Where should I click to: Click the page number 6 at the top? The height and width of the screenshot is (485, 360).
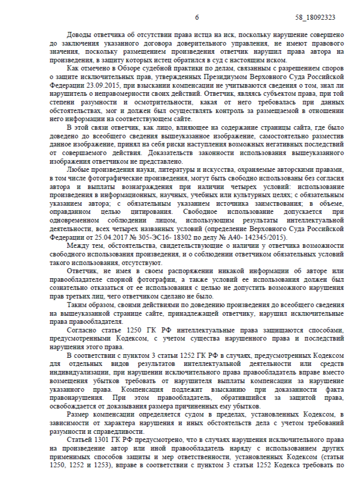pos(197,17)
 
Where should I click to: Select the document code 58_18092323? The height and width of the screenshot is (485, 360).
pos(315,17)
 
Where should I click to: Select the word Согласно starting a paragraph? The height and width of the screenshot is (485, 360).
pos(82,330)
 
